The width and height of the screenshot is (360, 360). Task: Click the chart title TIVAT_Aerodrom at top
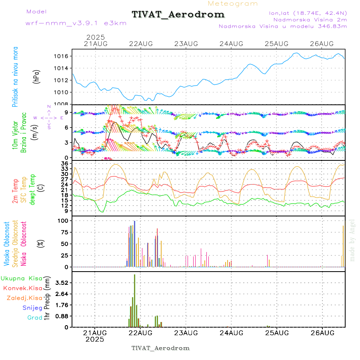pyautogui.click(x=178, y=15)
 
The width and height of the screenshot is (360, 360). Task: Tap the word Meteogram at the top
pyautogui.click(x=233, y=4)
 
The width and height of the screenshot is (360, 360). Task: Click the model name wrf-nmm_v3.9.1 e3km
pyautogui.click(x=76, y=23)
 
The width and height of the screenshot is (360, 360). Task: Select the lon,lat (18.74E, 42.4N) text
pyautogui.click(x=308, y=13)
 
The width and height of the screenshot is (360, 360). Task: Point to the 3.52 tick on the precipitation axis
pyautogui.click(x=61, y=283)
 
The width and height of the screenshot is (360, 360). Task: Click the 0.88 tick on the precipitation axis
pyautogui.click(x=61, y=316)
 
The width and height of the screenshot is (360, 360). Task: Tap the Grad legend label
pyautogui.click(x=34, y=318)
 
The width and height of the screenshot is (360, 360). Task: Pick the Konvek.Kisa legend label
pyautogui.click(x=22, y=288)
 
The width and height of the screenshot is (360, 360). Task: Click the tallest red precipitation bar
pyautogui.click(x=135, y=300)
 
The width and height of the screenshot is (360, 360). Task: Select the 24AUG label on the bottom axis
pyautogui.click(x=232, y=333)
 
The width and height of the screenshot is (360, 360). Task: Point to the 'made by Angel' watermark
pyautogui.click(x=352, y=240)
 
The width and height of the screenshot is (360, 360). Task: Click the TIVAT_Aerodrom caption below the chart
pyautogui.click(x=160, y=348)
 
